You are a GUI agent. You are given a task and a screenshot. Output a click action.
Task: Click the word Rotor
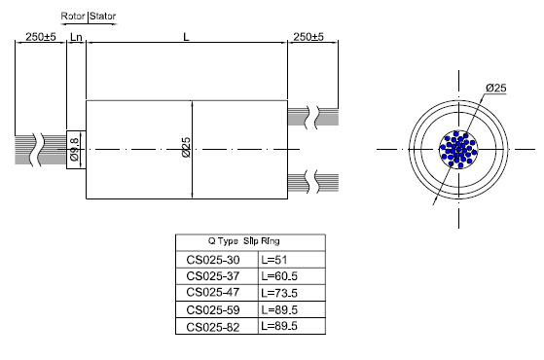pos(73,17)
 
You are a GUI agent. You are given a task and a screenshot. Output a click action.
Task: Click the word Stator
pos(102,17)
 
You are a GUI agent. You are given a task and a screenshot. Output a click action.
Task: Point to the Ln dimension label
pos(76,36)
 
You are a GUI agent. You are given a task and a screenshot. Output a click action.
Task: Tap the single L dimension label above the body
pos(186,36)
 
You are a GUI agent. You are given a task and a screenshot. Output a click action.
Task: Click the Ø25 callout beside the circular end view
pos(497,89)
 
